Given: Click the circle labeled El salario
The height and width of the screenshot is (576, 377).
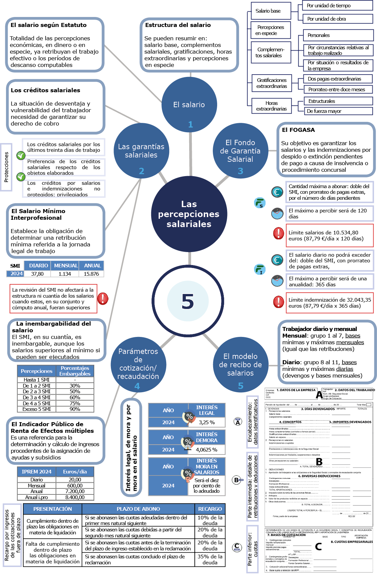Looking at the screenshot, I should (189, 105).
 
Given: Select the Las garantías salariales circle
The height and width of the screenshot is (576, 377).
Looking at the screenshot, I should (141, 151).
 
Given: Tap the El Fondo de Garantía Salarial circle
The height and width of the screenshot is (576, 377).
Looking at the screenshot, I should (240, 151).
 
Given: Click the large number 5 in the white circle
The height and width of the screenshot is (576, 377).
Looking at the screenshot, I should (188, 301).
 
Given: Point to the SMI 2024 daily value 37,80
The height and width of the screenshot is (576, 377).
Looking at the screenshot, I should (37, 274).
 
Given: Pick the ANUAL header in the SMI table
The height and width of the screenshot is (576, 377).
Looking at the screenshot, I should (92, 265).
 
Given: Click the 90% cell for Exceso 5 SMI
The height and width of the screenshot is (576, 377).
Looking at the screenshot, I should (75, 409).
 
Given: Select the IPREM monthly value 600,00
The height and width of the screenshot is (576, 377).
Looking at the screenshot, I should (75, 485).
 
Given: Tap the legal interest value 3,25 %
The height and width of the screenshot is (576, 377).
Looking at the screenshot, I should (206, 422).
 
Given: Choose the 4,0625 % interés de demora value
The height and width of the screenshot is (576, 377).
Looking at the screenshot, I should (206, 449).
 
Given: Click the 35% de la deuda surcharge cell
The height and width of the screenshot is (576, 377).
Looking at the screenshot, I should (210, 559).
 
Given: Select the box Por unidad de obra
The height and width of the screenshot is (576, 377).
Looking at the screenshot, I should (338, 19).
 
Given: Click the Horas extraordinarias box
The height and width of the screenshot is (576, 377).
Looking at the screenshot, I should (271, 106).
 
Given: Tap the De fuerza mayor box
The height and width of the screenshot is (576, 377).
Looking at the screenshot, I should (338, 111).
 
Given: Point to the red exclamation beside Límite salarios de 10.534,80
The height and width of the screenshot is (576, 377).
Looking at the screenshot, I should (278, 233).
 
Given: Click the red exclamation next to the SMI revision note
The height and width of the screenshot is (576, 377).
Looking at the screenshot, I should (103, 298).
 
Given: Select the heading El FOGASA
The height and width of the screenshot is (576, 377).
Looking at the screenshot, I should (298, 130).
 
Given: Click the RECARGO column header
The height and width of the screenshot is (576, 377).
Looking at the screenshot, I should (210, 509).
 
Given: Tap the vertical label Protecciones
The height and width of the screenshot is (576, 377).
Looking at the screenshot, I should (6, 167).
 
